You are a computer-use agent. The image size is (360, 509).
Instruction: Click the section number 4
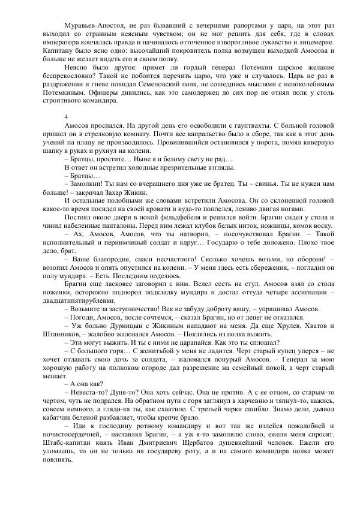tap(65, 115)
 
